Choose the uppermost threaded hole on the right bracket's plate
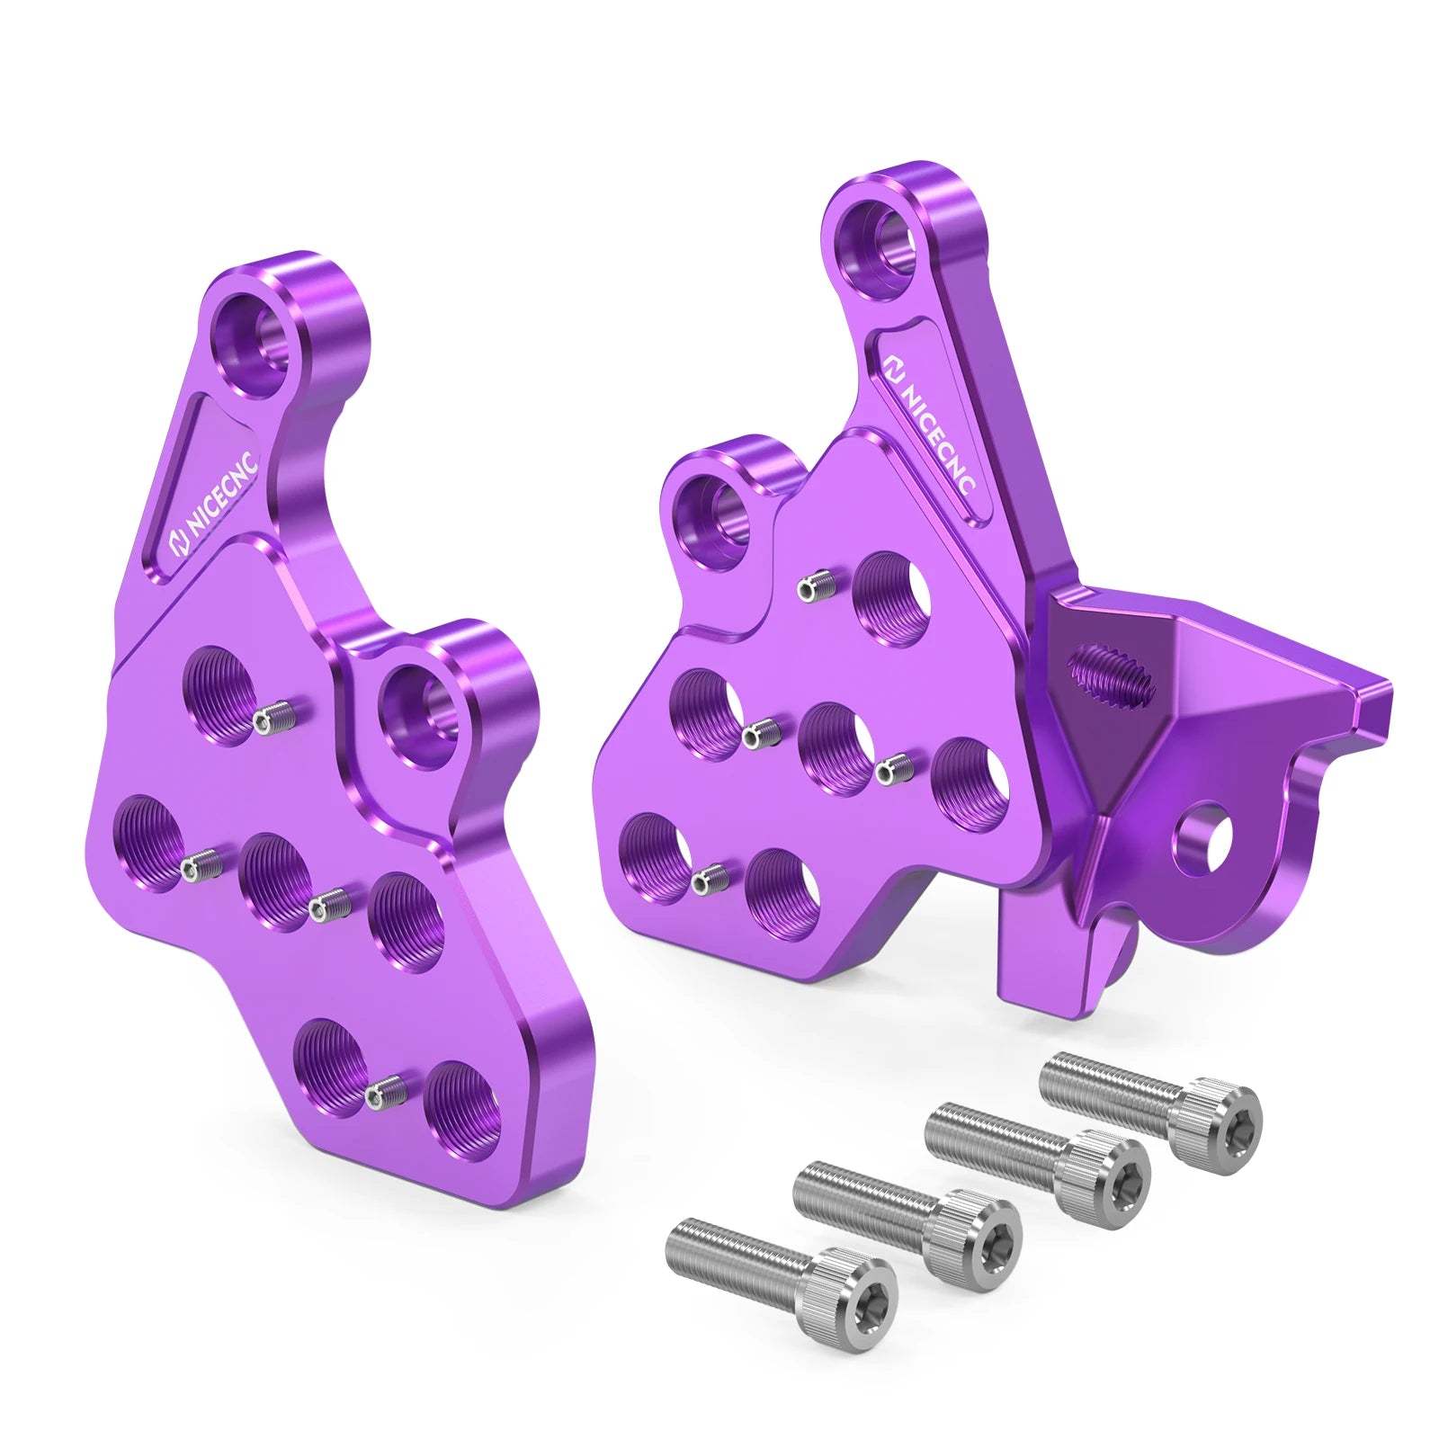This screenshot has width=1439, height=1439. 890,597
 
